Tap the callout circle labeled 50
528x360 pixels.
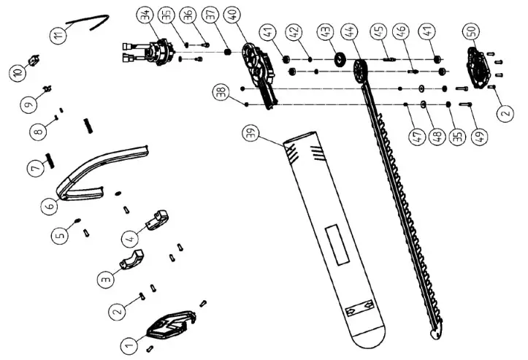coord(471,33)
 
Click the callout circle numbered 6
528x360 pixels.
coord(50,206)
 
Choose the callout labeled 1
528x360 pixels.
coord(128,341)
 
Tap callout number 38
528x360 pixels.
coord(219,93)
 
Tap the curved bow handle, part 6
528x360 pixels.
coord(102,172)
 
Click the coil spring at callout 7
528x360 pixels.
coord(52,156)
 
